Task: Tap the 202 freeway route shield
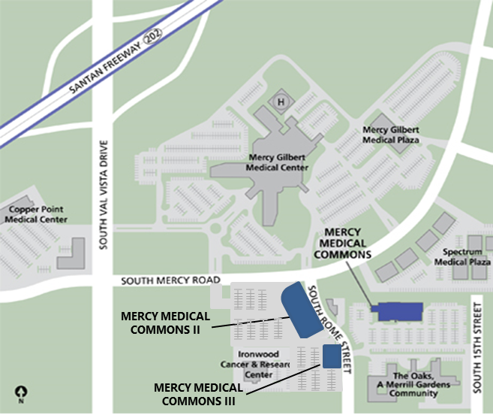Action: pyautogui.click(x=159, y=36)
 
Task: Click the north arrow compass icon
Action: pyautogui.click(x=22, y=392)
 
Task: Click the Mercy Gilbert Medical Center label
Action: pyautogui.click(x=278, y=162)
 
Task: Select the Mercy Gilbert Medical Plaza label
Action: pyautogui.click(x=391, y=135)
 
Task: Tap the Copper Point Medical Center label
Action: pyautogui.click(x=36, y=214)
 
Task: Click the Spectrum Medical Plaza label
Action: pyautogui.click(x=466, y=257)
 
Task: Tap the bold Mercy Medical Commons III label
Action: pyautogui.click(x=199, y=394)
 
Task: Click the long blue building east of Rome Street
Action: pyautogui.click(x=397, y=310)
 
